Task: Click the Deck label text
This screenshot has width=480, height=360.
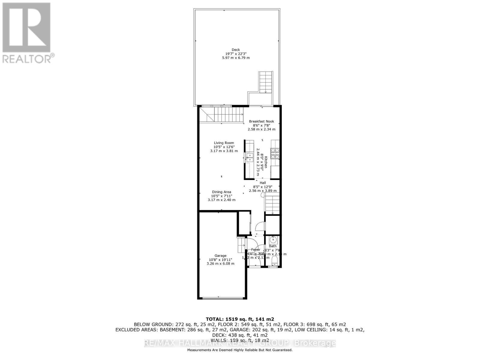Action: tap(236, 50)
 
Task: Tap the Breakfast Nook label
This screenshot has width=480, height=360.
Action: tap(261, 121)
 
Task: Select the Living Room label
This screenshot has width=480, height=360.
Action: tap(224, 143)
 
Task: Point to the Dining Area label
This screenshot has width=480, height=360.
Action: tap(221, 192)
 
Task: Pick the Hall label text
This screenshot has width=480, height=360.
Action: tap(262, 183)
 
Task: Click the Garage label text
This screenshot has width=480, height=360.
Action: tap(220, 256)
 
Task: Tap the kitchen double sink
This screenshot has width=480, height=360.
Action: tap(249, 157)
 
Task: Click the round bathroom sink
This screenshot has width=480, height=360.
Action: tap(273, 240)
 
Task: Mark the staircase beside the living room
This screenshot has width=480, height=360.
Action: tap(228, 115)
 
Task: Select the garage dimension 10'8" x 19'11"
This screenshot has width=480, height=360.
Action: tap(220, 260)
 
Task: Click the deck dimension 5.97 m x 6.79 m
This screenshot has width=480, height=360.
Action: tap(236, 58)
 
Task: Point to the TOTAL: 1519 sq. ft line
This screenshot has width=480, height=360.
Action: tap(240, 319)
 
